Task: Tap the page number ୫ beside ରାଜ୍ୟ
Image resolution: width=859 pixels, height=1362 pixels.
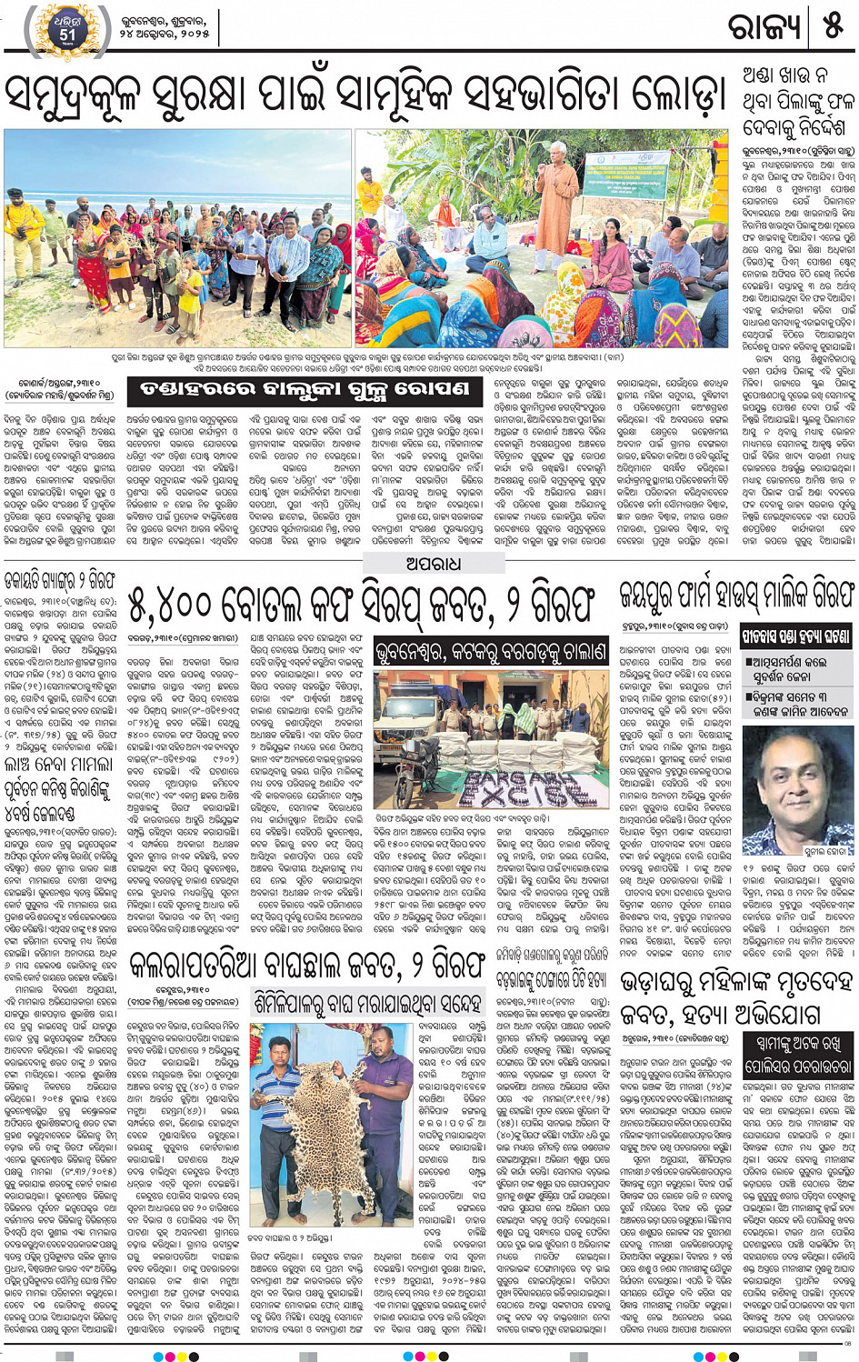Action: coord(833,27)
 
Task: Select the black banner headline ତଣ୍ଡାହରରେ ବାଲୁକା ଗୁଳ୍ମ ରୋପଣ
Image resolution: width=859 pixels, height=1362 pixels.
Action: coord(305,391)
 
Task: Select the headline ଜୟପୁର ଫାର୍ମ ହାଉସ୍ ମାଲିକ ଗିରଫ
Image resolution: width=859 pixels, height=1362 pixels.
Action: coord(736,595)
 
